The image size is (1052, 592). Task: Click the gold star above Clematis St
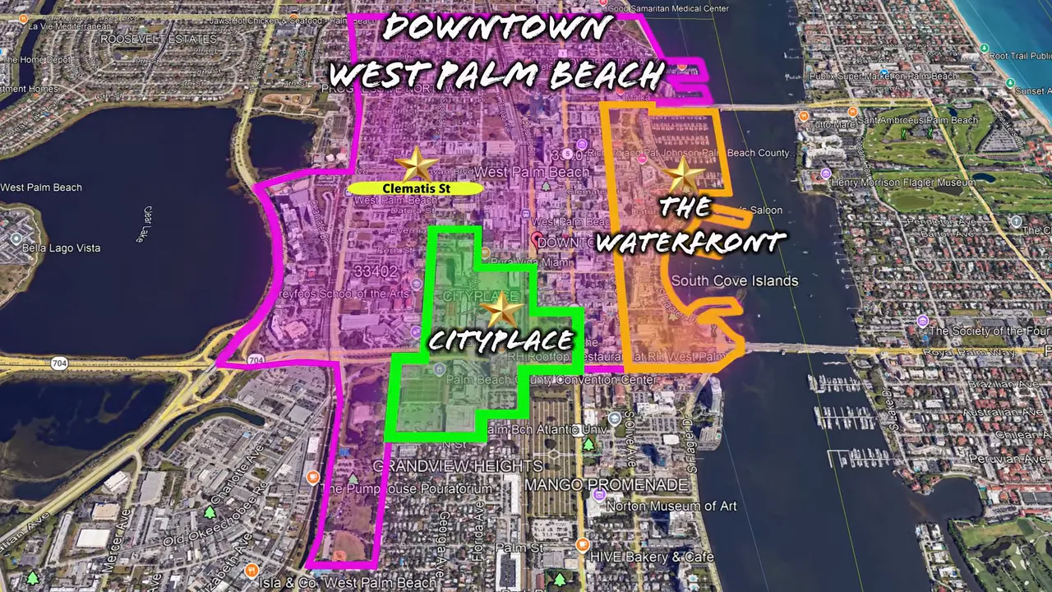(x=417, y=164)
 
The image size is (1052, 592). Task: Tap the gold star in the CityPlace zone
(x=501, y=310)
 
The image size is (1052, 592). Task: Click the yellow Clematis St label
(x=416, y=188)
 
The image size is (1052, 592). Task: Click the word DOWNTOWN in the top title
(x=497, y=28)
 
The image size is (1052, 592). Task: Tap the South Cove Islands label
(x=734, y=281)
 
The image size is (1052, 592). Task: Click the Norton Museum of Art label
(x=671, y=506)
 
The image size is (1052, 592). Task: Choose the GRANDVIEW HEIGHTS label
(x=458, y=466)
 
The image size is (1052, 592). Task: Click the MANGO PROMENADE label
(x=606, y=485)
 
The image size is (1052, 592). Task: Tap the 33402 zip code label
(x=375, y=271)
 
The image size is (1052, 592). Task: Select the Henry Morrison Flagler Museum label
(x=902, y=182)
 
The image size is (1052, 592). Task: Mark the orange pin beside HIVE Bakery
(x=582, y=544)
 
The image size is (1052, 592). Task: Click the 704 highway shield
(x=256, y=360)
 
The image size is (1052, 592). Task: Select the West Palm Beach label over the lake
(x=41, y=187)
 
